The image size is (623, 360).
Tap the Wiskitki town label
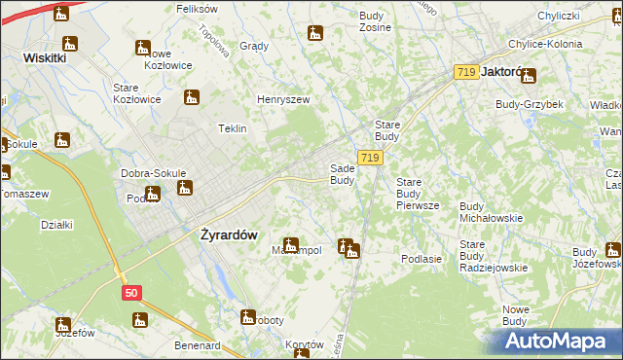(44, 57)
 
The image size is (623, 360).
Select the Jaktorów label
(502, 72)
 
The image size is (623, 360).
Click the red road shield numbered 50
(131, 291)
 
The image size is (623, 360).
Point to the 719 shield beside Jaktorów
(466, 72)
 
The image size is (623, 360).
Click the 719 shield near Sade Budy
(369, 158)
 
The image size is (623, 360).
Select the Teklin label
(232, 128)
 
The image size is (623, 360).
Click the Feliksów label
(196, 8)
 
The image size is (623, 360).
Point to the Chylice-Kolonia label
(544, 44)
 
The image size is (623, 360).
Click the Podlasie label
(421, 259)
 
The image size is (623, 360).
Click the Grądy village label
(253, 46)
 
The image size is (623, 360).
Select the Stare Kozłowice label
(136, 93)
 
